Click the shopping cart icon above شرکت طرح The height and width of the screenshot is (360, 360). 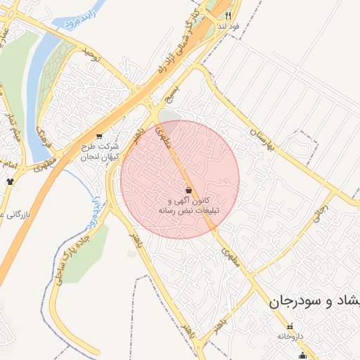tap(98, 136)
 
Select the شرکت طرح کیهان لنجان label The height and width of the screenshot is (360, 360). tap(99, 151)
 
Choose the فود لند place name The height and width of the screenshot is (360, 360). tap(229, 26)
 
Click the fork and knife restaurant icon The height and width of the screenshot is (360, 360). tap(229, 15)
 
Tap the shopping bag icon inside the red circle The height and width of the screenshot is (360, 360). tap(188, 190)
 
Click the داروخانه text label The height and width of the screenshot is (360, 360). tap(290, 337)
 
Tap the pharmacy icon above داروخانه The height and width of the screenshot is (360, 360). tap(291, 326)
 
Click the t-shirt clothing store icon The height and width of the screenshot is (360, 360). tap(10, 181)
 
